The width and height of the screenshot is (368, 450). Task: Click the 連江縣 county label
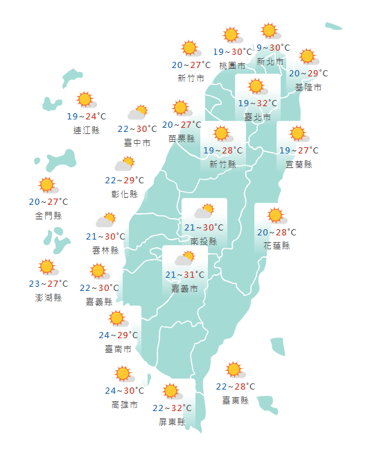[x=87, y=129]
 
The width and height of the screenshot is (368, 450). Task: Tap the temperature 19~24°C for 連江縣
[x=87, y=117]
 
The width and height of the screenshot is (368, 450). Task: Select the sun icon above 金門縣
[x=47, y=185]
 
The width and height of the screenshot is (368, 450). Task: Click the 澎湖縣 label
[x=49, y=297]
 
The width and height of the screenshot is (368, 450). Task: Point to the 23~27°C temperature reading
[x=49, y=284]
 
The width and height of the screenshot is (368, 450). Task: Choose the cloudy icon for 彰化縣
[x=124, y=165]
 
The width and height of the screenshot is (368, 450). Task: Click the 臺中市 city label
[x=137, y=142]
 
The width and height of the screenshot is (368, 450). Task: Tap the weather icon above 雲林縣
[x=105, y=221]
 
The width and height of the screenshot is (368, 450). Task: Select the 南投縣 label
[x=204, y=241]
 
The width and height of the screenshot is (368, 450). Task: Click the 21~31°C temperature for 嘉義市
[x=185, y=275]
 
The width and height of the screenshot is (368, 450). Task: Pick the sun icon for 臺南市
[x=117, y=319]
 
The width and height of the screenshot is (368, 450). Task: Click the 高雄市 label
[x=125, y=404]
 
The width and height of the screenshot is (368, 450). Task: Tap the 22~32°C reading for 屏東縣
[x=172, y=408]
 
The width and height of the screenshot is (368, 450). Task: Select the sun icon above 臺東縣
[x=234, y=370]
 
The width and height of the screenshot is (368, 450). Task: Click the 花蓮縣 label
[x=277, y=246]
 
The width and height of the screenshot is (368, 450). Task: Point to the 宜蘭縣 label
[x=299, y=164]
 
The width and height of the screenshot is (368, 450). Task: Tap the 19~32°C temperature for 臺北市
[x=257, y=103]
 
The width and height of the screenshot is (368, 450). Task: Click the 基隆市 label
[x=308, y=87]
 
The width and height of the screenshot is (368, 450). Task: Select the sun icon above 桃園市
[x=231, y=35]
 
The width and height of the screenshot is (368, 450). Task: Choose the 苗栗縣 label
[x=181, y=138]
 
